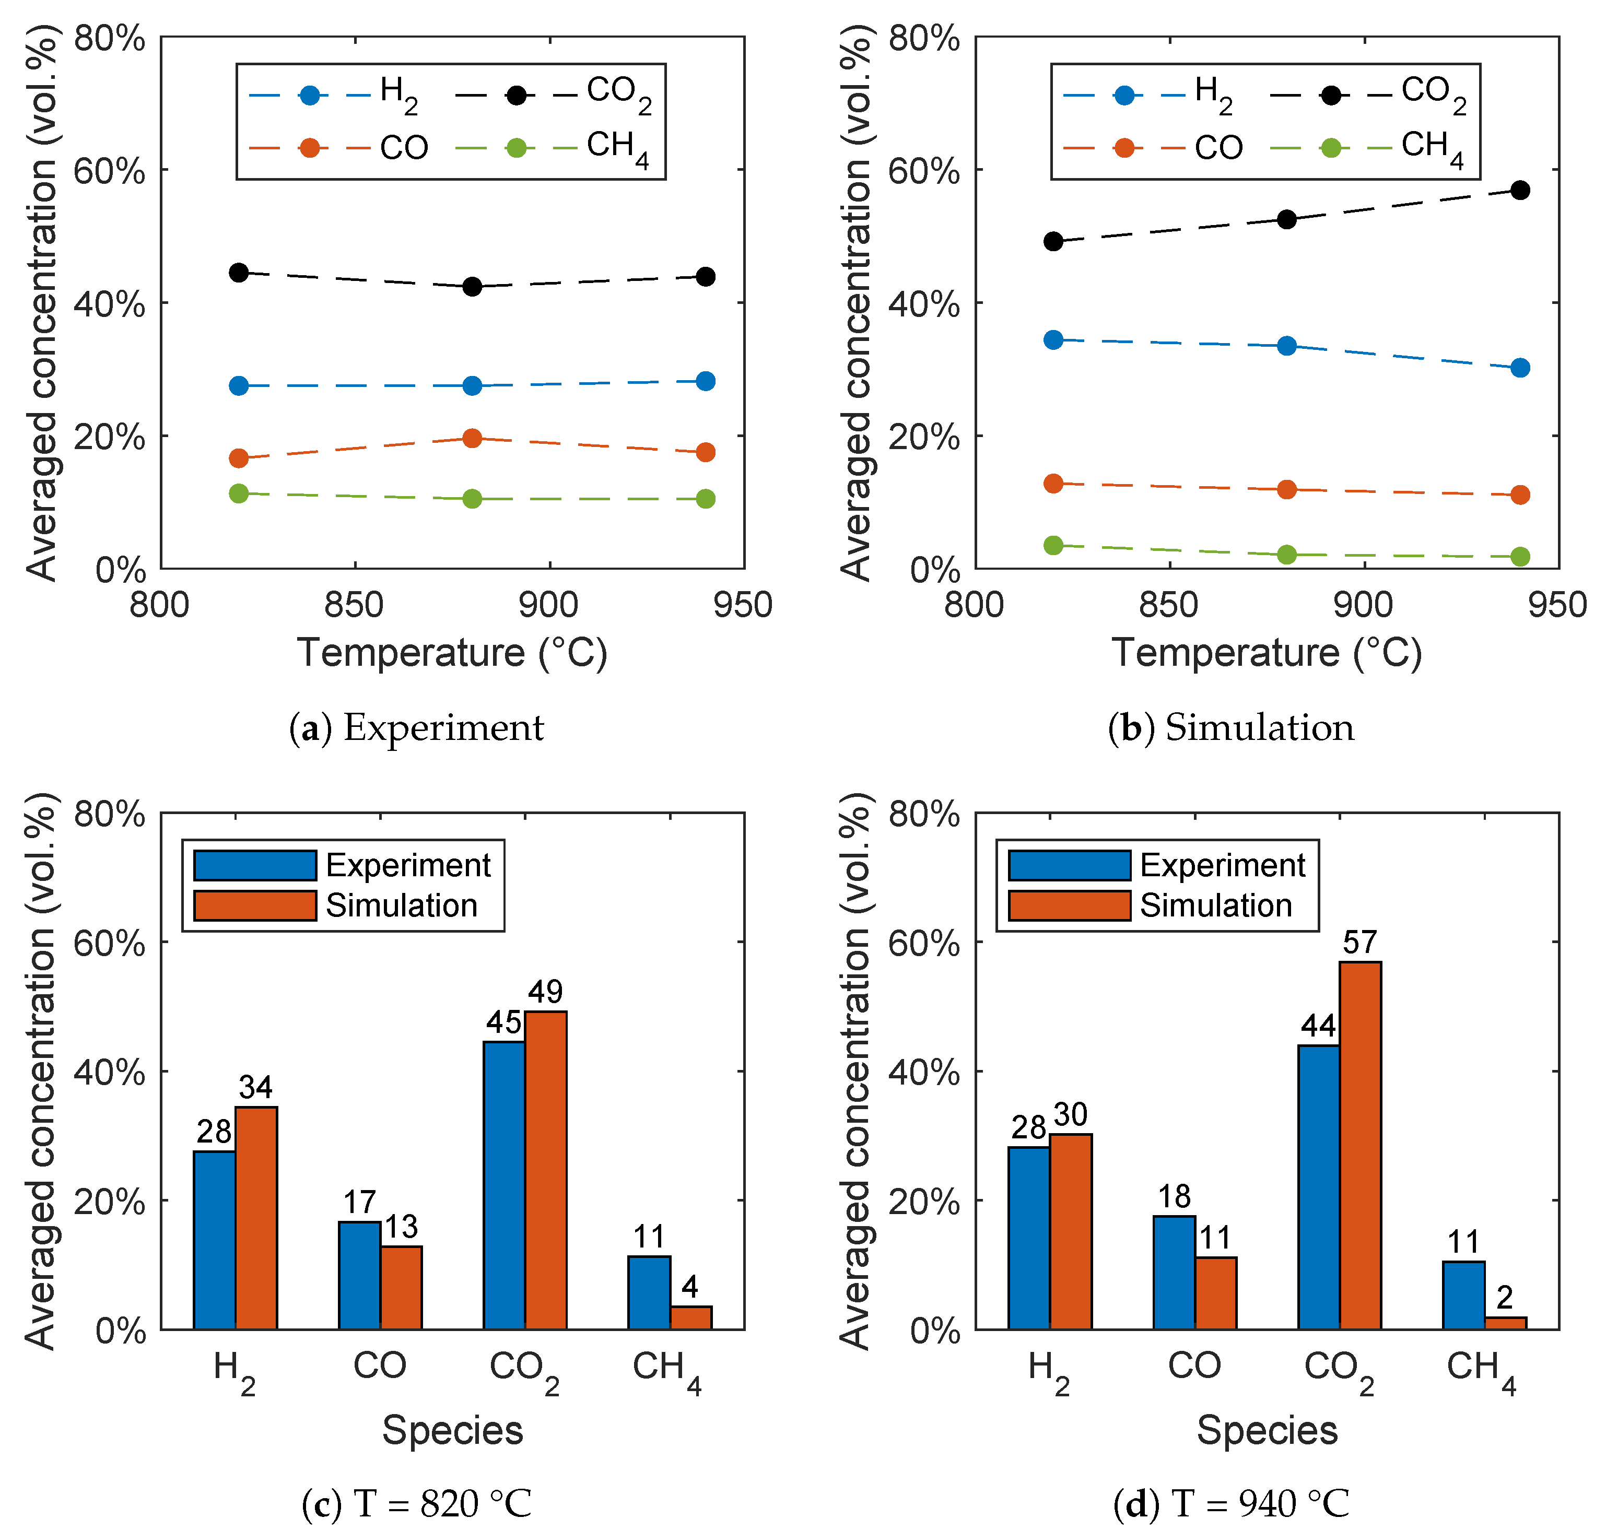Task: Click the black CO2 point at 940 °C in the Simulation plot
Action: point(1519,190)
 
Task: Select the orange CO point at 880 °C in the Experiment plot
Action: point(472,438)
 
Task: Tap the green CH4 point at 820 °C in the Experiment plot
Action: point(238,493)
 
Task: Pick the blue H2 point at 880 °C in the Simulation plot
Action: point(1286,346)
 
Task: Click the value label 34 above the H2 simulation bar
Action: point(255,1087)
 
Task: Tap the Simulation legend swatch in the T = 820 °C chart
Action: point(254,905)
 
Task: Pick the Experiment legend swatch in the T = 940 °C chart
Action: point(1069,865)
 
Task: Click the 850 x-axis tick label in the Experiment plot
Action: point(354,605)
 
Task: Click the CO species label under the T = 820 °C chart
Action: point(379,1364)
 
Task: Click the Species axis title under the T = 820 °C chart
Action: point(453,1430)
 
